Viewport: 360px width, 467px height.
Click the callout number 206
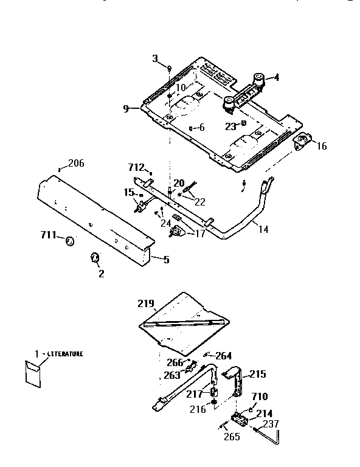pos(76,163)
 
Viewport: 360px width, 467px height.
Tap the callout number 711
pos(49,235)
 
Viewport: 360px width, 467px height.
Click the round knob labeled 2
pos(94,258)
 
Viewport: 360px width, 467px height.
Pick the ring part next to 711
pos(69,242)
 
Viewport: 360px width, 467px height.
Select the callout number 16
pos(322,146)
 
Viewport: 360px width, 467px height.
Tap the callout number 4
pos(276,77)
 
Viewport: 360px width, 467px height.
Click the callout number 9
pos(126,109)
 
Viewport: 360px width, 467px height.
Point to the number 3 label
pos(155,58)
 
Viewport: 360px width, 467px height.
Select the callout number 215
pos(258,375)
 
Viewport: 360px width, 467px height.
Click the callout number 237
pos(271,424)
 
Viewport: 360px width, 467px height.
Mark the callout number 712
pos(136,167)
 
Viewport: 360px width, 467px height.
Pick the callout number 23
pos(229,126)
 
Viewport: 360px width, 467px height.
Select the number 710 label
pos(260,396)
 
